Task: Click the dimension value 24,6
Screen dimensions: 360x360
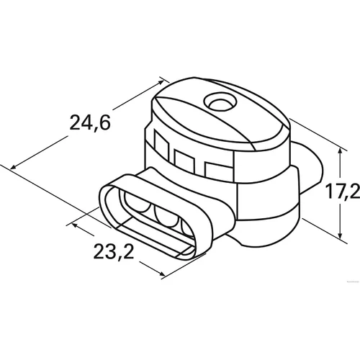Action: pos(90,123)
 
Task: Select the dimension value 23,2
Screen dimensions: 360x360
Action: pos(114,251)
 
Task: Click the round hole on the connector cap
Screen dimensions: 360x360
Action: pos(220,102)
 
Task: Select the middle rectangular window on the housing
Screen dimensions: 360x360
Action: pos(184,161)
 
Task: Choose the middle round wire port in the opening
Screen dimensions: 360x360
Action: pos(166,216)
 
